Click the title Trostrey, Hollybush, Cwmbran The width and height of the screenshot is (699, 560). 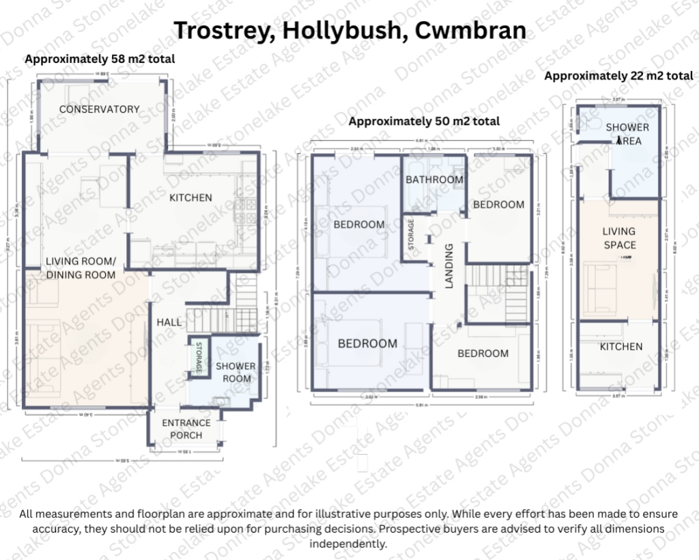pos(349,30)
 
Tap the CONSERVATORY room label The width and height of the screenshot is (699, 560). pos(99,109)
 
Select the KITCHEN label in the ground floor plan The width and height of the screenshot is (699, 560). pos(190,198)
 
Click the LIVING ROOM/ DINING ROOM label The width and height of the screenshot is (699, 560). pos(81,268)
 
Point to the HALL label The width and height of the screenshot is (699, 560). pos(169,322)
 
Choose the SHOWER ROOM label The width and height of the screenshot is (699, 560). pos(236,372)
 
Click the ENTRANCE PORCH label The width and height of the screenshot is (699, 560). pos(186,429)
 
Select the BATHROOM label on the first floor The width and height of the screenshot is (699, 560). pos(434,180)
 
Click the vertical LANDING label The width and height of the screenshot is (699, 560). pos(449,266)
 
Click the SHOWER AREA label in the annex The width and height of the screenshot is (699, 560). pos(627,134)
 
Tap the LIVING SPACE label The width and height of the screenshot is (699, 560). pos(619,238)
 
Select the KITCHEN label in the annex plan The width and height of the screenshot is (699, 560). pos(620,347)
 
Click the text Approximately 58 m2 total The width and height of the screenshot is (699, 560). pos(100,59)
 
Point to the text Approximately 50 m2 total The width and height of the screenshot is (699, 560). pos(424,122)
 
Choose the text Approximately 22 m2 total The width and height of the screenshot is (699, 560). pos(618,76)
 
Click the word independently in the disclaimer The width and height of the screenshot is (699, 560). pos(348,544)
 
